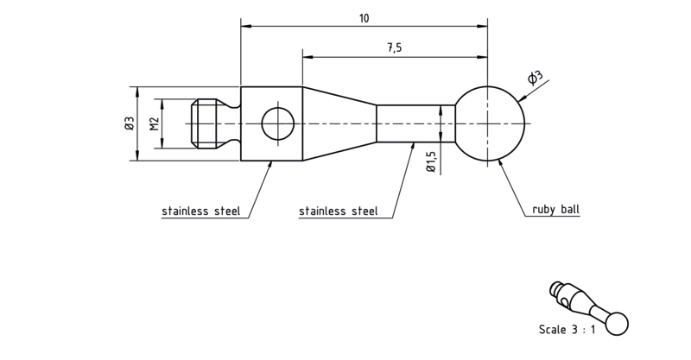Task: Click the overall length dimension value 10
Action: [364, 18]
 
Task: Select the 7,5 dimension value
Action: [395, 47]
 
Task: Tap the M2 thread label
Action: [154, 123]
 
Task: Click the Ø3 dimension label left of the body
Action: [129, 123]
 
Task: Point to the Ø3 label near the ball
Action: [535, 78]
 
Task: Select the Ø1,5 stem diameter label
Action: [430, 161]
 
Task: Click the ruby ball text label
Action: [555, 209]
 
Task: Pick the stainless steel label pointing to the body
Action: [201, 211]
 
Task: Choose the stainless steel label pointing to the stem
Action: [338, 211]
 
